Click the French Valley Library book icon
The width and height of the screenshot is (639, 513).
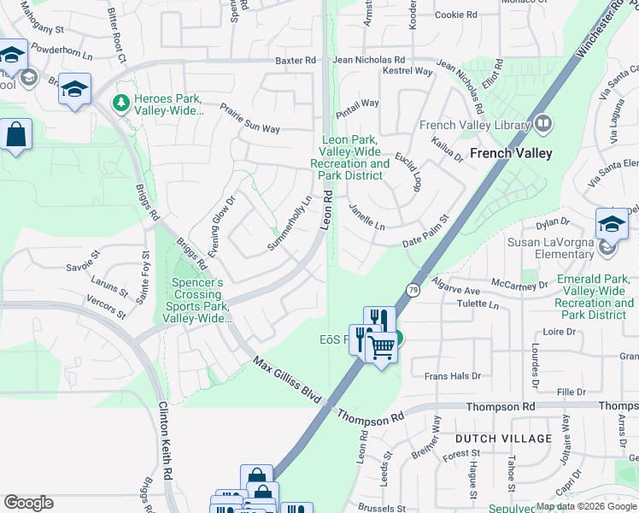543,126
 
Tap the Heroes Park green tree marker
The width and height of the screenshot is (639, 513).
120,104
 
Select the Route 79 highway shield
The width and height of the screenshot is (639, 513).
413,290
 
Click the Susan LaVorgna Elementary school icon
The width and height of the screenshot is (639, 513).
612,224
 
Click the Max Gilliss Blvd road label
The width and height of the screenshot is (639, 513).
287,381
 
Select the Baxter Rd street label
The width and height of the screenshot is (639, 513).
296,61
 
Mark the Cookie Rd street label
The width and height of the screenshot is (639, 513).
455,15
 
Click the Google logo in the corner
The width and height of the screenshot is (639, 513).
28,503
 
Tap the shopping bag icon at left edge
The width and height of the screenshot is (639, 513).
15,135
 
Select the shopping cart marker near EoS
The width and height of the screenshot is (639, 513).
380,345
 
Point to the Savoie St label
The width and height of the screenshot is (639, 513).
84,260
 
